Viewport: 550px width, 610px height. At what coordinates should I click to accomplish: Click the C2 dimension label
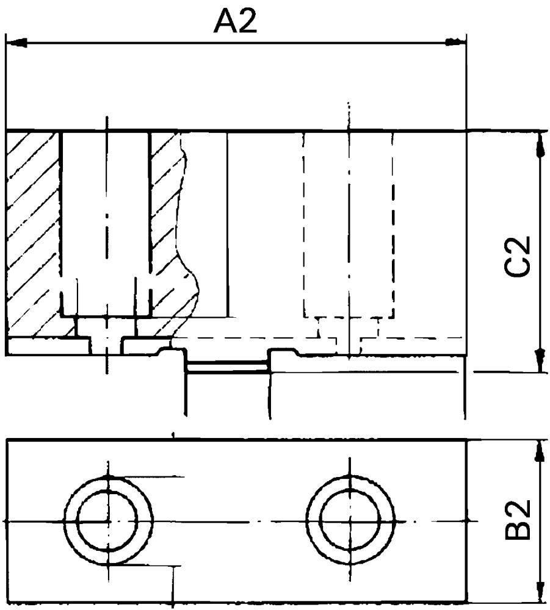coord(519,256)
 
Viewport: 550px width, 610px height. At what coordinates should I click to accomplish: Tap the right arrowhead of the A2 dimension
coord(455,42)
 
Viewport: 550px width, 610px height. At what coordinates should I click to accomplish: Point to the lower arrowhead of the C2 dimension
coord(540,359)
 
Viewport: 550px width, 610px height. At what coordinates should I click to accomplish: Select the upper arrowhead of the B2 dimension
coord(540,451)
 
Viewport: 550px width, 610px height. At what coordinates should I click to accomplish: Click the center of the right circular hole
coord(350,522)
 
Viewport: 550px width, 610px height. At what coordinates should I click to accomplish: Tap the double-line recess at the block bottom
coord(227,366)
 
